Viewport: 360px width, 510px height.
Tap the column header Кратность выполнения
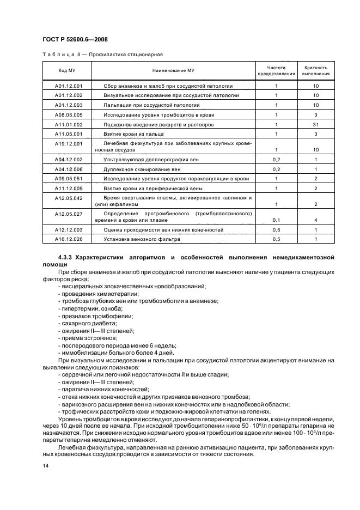tap(316, 70)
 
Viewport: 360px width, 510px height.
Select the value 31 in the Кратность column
tap(316, 124)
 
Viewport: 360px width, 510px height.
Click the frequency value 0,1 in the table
tap(276, 220)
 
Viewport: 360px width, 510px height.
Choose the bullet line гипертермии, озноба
tap(86, 308)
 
